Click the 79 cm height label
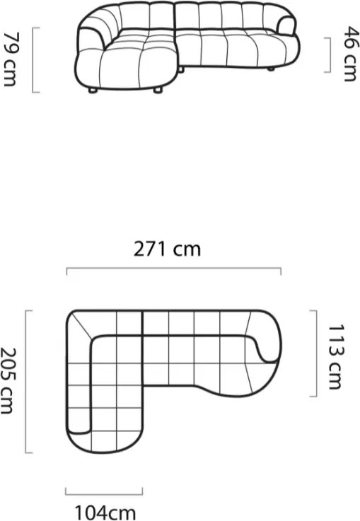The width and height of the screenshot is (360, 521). (x=9, y=59)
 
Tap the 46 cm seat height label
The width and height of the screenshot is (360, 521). (x=351, y=54)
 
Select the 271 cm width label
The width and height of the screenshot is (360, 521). (x=167, y=249)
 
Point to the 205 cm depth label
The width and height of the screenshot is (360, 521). (x=6, y=381)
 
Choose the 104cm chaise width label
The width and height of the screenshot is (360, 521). (x=105, y=513)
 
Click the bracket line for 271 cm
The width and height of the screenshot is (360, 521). (x=174, y=268)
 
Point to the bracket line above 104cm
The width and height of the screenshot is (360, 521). (x=104, y=494)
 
